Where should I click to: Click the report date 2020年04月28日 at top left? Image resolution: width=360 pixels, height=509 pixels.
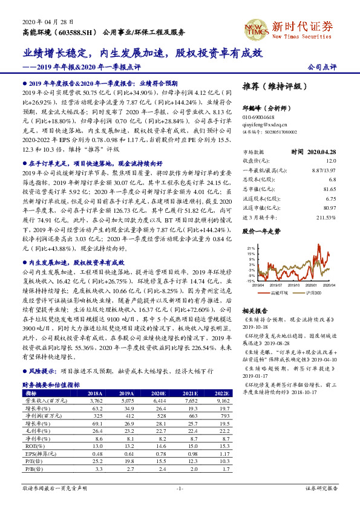(44, 21)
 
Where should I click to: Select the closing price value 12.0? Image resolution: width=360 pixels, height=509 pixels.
(330, 161)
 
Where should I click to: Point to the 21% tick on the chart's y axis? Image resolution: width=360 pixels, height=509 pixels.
(249, 248)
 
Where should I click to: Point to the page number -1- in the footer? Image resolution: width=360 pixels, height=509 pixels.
(180, 487)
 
